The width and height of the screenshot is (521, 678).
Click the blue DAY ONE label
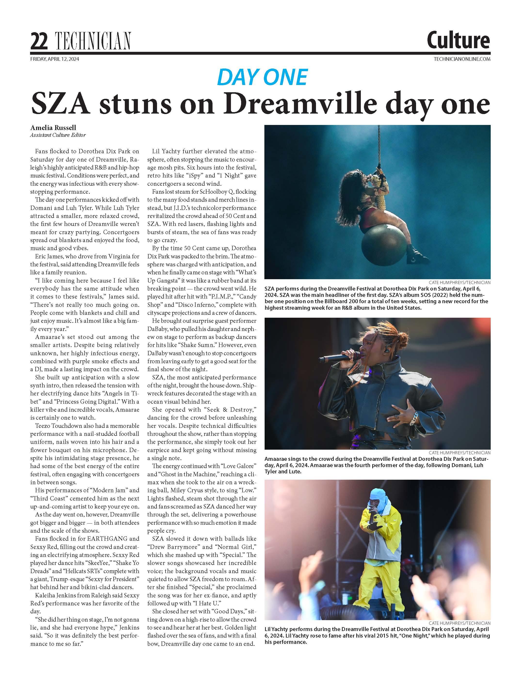coord(262,77)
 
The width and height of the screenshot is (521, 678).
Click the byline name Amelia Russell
coord(53,128)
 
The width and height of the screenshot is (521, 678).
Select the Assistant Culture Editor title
coord(58,135)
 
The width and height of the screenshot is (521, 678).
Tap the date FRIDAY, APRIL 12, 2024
coord(55,59)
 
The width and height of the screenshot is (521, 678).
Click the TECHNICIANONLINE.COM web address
coord(462,59)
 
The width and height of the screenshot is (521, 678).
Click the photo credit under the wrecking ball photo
coord(460,282)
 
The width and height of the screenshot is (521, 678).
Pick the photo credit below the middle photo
coord(460,453)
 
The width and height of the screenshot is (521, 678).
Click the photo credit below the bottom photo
coord(460,623)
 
